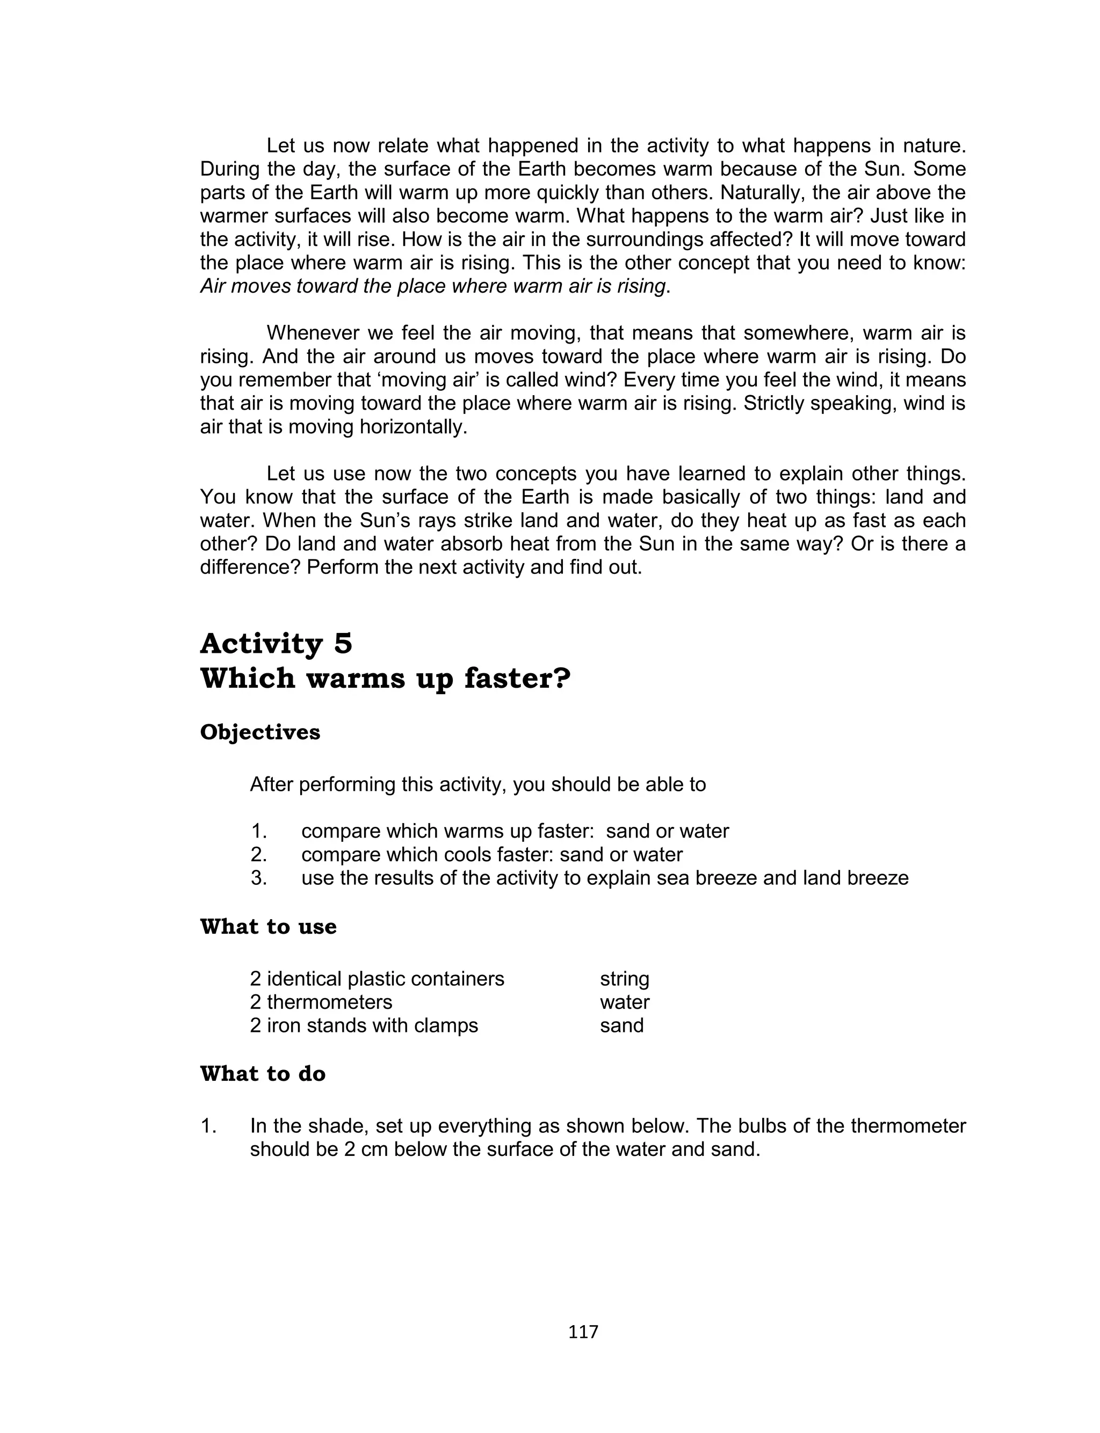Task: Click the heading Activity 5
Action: [276, 644]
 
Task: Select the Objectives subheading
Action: [260, 732]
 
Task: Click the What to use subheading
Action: [268, 927]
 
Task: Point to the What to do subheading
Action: [263, 1074]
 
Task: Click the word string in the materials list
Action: [624, 979]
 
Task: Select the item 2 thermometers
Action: [321, 1002]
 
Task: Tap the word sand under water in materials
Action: [621, 1025]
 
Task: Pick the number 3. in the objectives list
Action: [259, 877]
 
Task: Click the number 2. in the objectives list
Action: [259, 855]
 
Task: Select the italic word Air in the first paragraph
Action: [213, 287]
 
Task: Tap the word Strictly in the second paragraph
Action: [773, 404]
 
